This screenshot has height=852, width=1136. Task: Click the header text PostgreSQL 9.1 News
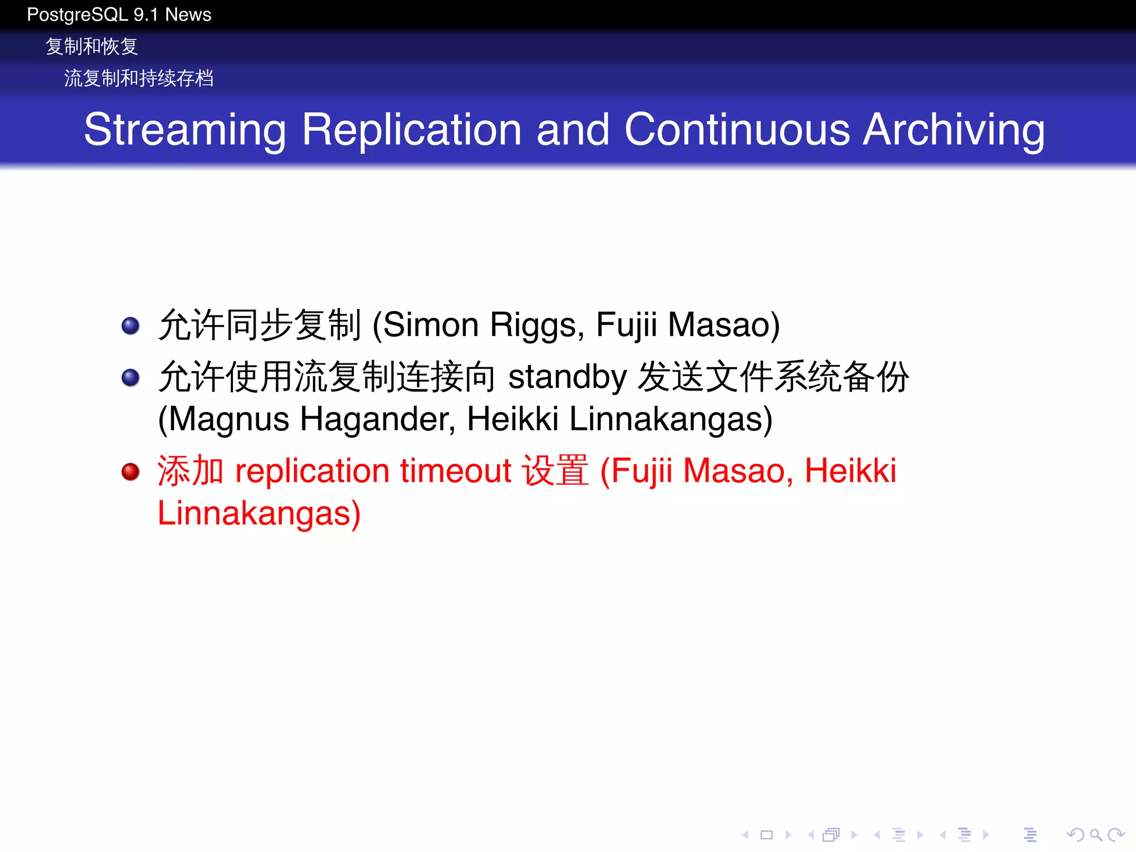coord(119,14)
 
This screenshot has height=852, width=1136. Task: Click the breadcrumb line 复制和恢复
coord(92,47)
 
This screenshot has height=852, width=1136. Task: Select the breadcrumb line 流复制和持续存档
coord(139,78)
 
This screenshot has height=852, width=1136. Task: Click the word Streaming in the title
coord(185,130)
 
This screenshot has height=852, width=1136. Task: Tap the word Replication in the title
coord(412,130)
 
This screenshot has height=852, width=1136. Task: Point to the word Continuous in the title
coord(737,130)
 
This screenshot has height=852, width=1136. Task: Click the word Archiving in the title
coord(954,130)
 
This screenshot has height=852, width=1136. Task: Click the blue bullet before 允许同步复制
coord(130,326)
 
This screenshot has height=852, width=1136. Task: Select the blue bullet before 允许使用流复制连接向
coord(130,378)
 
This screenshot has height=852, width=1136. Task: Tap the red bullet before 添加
coord(130,471)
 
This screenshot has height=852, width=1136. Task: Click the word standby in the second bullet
coord(567,377)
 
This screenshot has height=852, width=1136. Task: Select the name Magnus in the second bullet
coord(229,419)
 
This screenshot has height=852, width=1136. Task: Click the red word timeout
coord(455,471)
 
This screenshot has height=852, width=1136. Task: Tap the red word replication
coord(312,472)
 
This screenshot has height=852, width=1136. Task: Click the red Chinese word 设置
coord(555,471)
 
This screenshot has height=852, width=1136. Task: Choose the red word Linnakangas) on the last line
coord(259,514)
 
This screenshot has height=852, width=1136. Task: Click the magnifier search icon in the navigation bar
coord(1096,834)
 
